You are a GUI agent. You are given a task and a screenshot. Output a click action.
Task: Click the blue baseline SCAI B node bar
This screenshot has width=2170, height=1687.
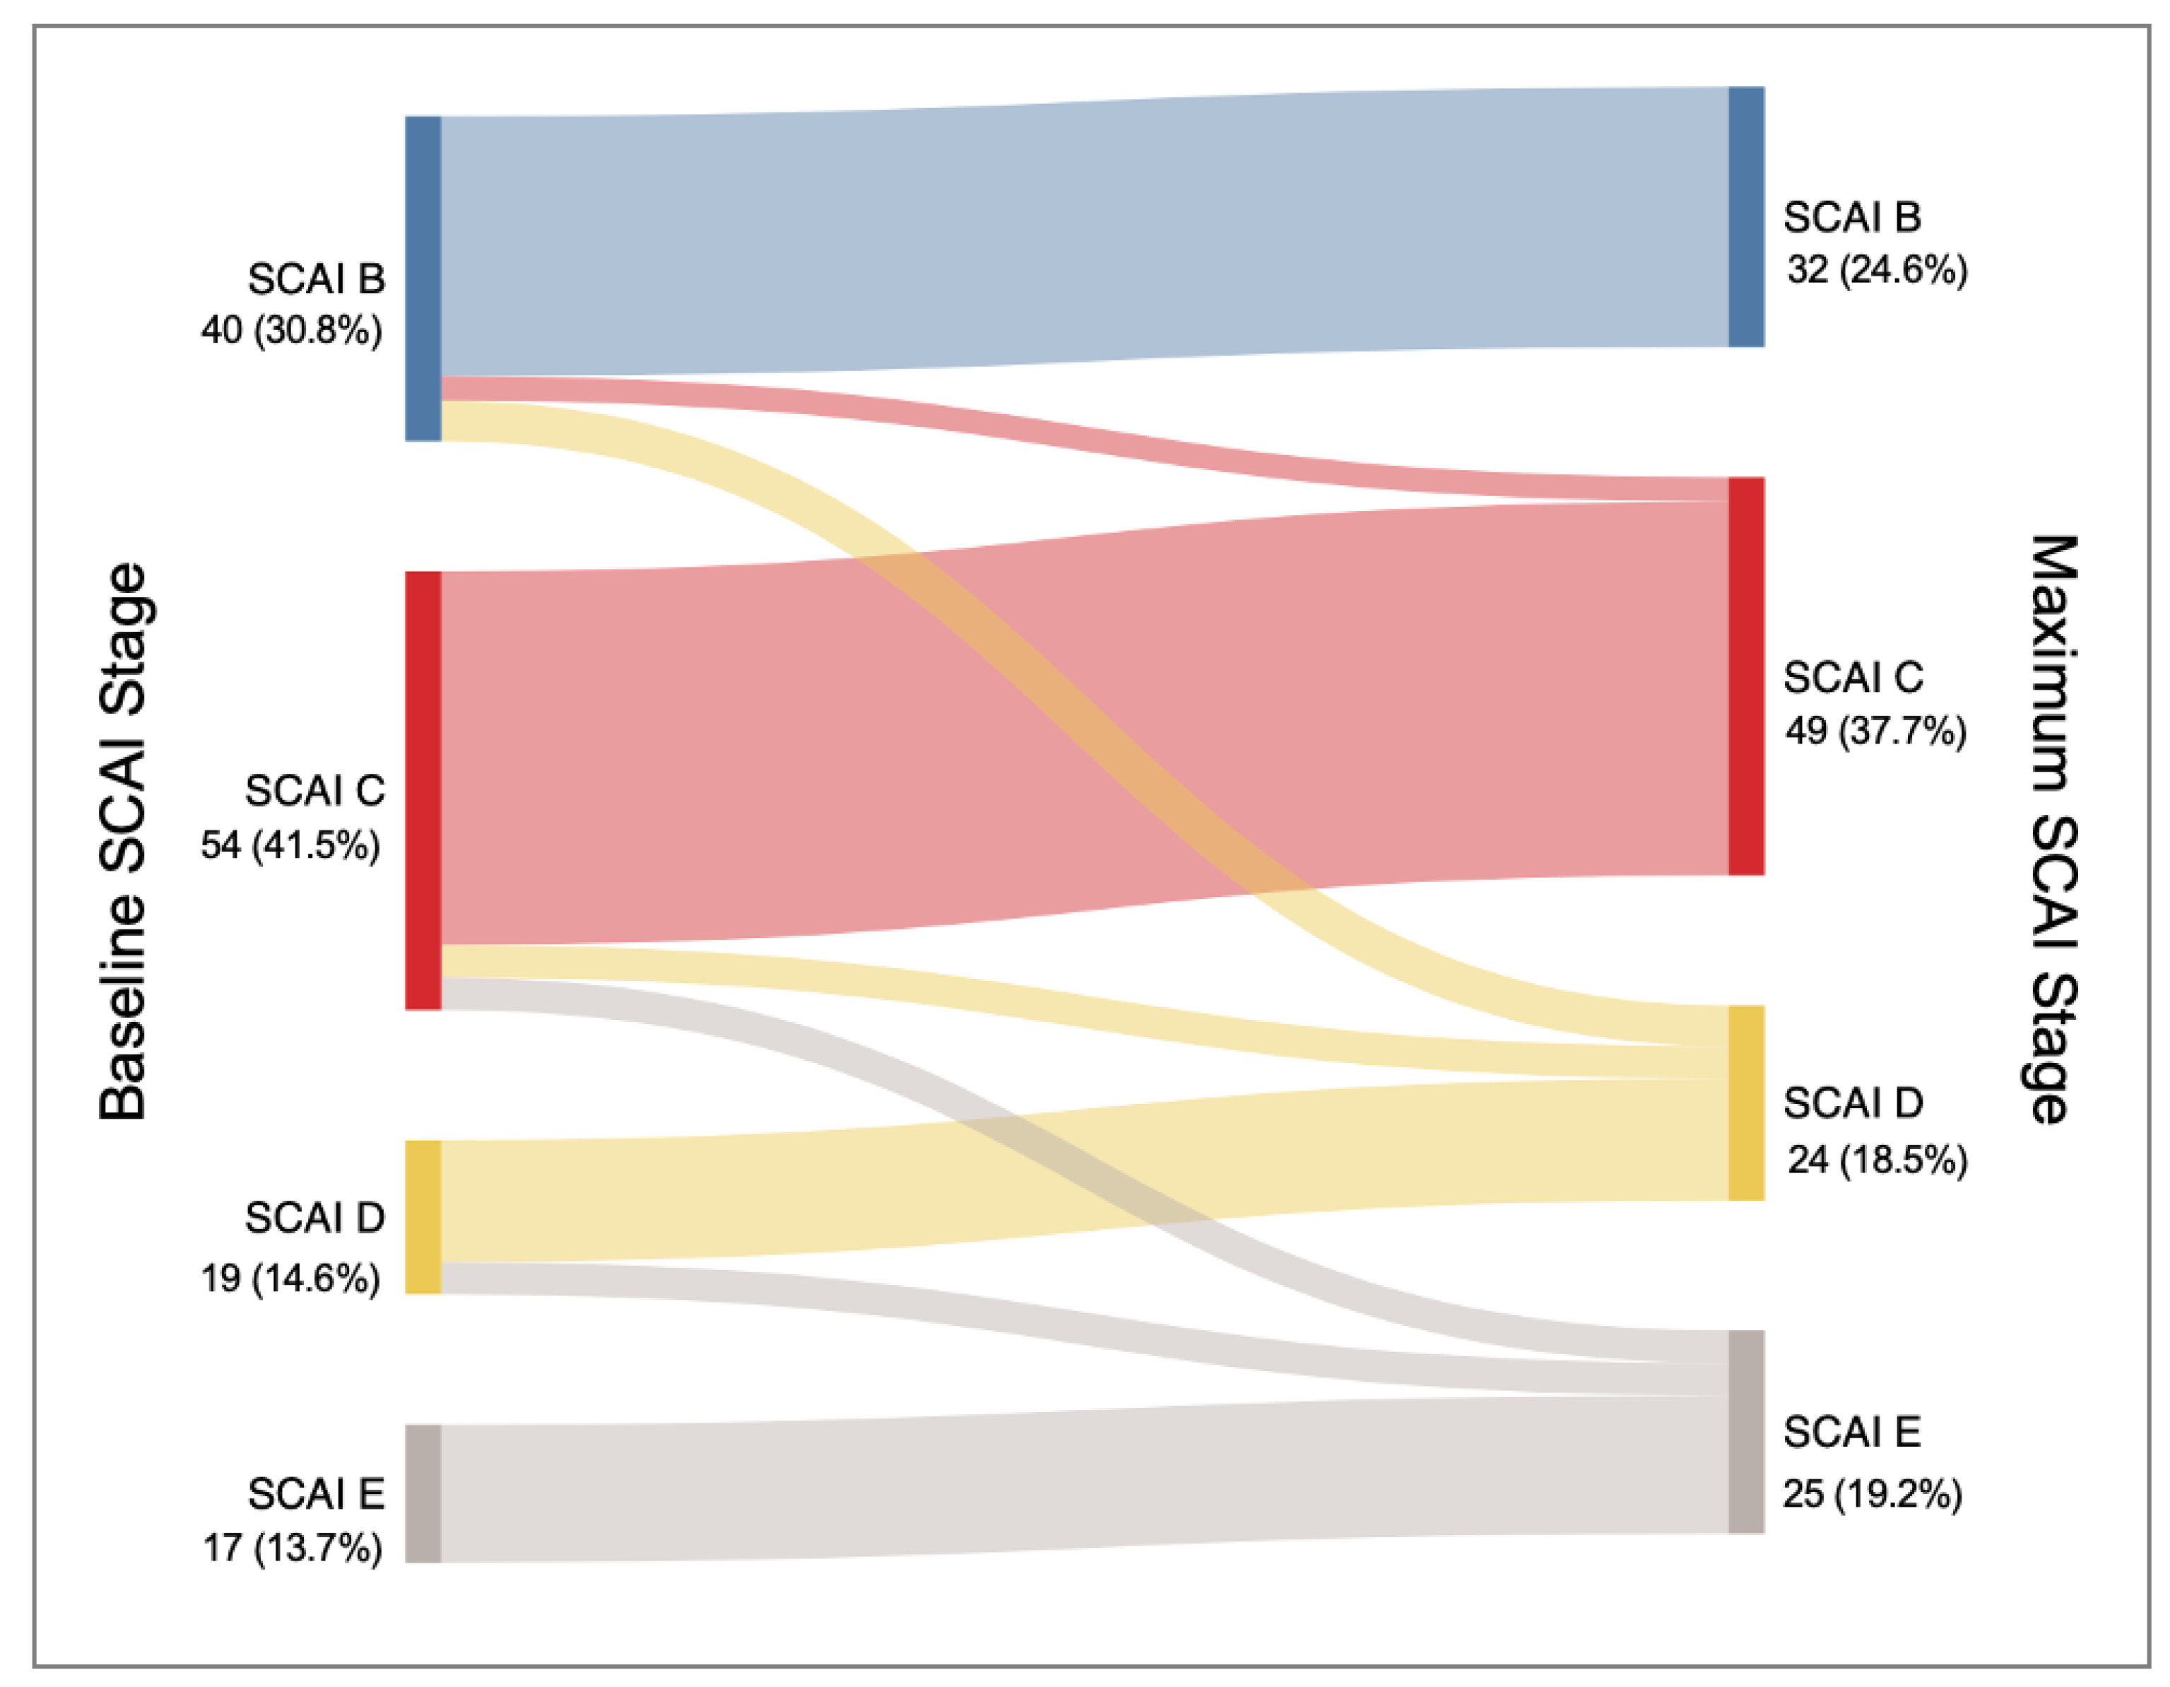(x=423, y=278)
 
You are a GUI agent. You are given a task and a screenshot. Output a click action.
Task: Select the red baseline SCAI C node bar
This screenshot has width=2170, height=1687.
(x=423, y=790)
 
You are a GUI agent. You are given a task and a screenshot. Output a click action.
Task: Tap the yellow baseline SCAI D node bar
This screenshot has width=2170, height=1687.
(x=423, y=1216)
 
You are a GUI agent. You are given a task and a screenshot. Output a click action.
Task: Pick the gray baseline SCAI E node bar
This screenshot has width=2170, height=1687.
(x=423, y=1493)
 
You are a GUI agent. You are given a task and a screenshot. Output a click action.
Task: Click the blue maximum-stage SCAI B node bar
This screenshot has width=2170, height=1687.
(x=1746, y=216)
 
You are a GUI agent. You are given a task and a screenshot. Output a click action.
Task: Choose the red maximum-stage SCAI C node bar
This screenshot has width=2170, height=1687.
(x=1746, y=676)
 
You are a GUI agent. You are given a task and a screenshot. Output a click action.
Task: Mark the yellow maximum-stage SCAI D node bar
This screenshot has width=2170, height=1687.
(x=1746, y=1103)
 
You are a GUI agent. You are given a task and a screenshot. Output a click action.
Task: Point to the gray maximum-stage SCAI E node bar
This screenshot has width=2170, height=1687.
(x=1746, y=1432)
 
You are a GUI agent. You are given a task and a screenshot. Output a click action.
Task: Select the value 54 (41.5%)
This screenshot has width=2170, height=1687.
(x=290, y=845)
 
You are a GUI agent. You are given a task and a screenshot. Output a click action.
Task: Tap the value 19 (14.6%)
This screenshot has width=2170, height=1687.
(x=290, y=1278)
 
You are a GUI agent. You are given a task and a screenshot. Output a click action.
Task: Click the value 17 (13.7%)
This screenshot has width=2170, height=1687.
(x=292, y=1547)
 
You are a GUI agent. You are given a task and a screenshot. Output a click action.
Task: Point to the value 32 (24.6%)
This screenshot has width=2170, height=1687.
(x=1876, y=270)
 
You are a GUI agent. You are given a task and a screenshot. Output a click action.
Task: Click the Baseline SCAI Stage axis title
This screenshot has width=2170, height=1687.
(x=124, y=842)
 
